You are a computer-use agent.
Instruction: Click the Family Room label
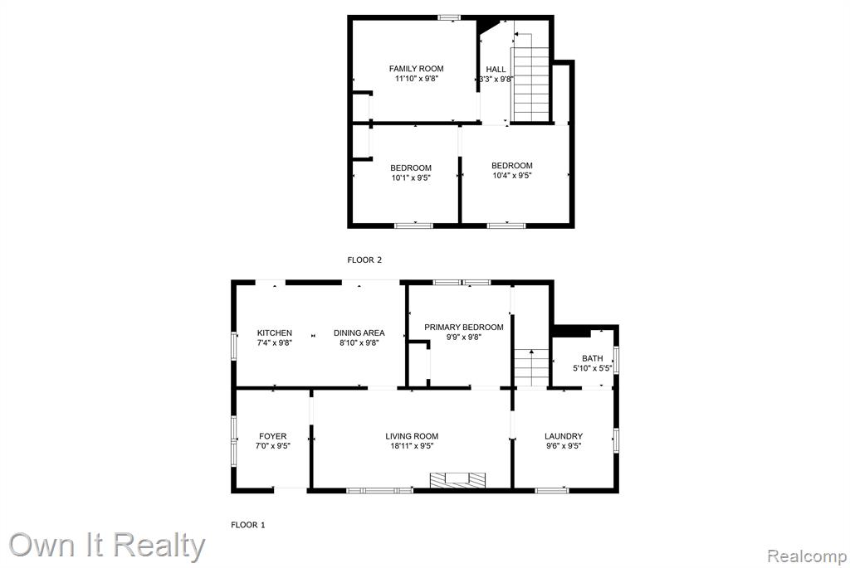[417, 69]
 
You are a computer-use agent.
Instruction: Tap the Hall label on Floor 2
[496, 70]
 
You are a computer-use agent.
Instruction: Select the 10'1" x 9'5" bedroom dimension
[411, 177]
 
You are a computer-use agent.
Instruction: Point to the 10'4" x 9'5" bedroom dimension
[511, 176]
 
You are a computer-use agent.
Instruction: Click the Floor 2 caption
[364, 260]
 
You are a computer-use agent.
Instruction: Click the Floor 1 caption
[247, 525]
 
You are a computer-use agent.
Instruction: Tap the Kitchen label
[274, 333]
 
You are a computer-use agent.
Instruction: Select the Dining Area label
[359, 333]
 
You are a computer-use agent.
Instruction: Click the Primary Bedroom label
[463, 327]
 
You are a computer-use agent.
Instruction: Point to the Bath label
[592, 358]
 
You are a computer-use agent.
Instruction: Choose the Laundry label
[564, 436]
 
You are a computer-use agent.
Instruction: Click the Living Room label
[412, 436]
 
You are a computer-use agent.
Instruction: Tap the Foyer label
[272, 436]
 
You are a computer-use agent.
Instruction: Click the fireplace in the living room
[457, 480]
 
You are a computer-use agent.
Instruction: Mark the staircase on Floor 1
[531, 368]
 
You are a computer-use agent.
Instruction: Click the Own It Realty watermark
[107, 546]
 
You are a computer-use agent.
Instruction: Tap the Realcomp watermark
[807, 556]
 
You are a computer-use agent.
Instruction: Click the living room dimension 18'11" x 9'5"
[412, 446]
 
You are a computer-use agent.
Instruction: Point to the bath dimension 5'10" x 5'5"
[592, 368]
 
